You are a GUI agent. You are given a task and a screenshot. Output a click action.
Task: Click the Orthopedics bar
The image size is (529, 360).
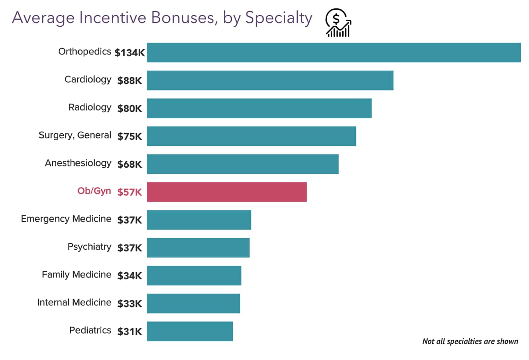coord(333,52)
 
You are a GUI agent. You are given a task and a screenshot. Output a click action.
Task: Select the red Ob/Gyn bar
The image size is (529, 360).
coord(226,192)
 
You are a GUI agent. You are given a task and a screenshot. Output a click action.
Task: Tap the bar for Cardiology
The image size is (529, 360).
coord(270,80)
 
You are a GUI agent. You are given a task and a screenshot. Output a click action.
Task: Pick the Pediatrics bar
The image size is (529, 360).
coord(189,331)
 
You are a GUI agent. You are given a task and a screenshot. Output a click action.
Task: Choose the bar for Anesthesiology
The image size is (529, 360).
coord(242,164)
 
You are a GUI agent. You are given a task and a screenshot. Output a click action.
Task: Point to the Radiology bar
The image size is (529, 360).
coord(259,108)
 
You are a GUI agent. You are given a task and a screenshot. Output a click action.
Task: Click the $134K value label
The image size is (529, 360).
coord(130,53)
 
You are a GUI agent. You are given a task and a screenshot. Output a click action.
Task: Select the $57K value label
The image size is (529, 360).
coord(130,192)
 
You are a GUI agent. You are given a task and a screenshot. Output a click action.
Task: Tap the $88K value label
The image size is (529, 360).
coord(130,81)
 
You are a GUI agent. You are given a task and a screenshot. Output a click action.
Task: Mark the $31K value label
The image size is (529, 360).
coord(130,332)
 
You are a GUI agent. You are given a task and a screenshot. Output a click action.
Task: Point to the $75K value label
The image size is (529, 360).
coord(130,137)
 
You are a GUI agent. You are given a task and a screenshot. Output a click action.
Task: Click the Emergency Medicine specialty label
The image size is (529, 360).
coord(66,219)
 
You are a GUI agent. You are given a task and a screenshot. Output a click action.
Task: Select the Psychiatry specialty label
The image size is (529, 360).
coord(89,247)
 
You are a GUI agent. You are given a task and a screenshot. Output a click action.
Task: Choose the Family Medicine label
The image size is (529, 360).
coord(76,275)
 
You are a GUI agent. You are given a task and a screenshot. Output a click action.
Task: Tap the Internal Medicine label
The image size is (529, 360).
coord(74,303)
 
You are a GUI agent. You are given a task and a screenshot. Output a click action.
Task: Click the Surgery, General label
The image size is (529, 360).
coord(75,135)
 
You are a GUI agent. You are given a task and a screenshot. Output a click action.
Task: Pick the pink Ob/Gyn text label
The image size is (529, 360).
coord(94,191)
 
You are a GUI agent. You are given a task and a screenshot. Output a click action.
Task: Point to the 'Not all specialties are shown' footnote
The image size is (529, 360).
coord(470,341)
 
